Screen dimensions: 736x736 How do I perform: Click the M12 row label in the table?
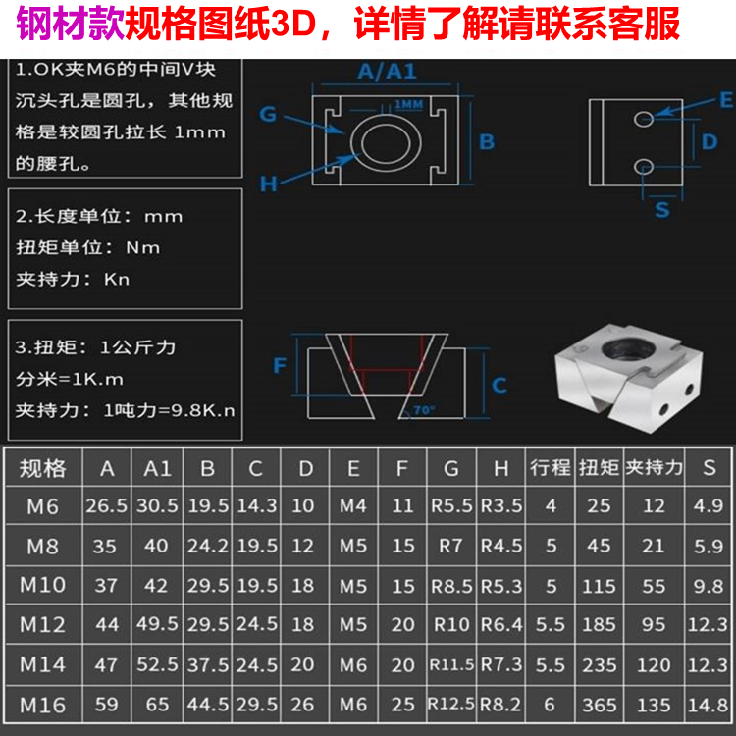[x=43, y=624]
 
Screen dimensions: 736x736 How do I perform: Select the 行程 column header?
[x=550, y=467]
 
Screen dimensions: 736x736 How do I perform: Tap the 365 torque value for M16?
[x=599, y=704]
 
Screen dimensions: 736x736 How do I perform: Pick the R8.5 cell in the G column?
[x=451, y=586]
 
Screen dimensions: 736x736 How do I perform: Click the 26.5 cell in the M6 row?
[x=108, y=506]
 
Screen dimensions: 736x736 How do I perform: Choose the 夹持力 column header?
[x=654, y=467]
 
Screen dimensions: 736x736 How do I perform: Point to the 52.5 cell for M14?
[x=157, y=664]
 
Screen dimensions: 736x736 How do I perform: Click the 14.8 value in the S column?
[x=708, y=704]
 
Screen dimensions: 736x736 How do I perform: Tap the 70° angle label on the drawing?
[x=423, y=408]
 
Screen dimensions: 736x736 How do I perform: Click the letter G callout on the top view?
[x=268, y=114]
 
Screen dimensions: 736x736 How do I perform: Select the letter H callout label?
[x=268, y=184]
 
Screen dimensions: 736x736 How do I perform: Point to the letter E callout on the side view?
[x=725, y=99]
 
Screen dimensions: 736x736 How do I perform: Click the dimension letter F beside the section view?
[x=280, y=365]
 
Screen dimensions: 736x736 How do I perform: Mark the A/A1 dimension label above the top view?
[x=387, y=71]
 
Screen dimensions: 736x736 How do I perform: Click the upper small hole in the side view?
[x=643, y=119]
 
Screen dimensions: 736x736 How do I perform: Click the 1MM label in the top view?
[x=409, y=104]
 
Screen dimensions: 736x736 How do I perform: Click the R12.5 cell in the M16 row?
[x=451, y=704]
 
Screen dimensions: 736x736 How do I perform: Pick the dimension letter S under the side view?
[x=661, y=209]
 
